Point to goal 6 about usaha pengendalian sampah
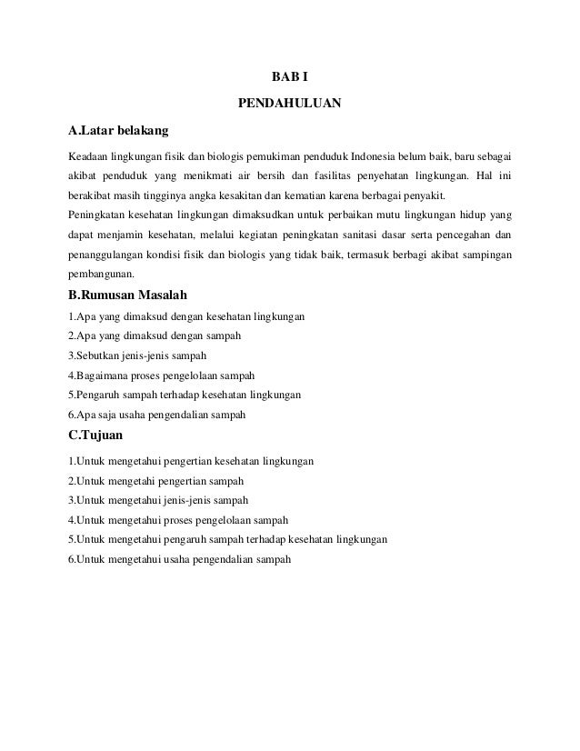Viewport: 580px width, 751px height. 179,559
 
